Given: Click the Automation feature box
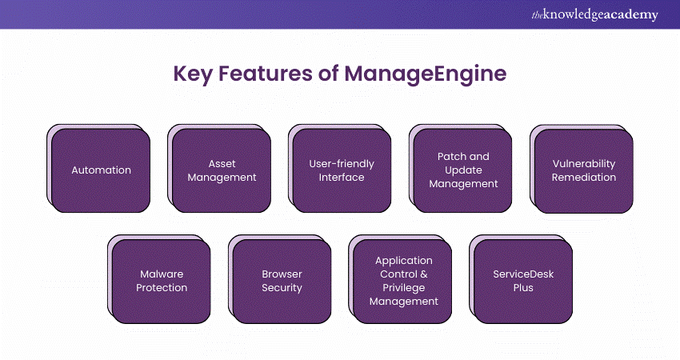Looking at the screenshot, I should point(102,170).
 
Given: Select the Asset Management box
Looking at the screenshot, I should point(222,170).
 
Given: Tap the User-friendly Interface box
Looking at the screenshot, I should point(342,170).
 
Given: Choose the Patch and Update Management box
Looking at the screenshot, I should point(463,170).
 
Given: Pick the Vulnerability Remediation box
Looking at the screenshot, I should point(584,170).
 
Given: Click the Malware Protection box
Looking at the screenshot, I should point(162,281).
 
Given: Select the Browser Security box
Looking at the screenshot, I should point(282,281).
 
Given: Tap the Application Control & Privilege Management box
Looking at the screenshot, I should point(403,281).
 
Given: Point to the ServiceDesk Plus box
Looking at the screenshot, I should point(524,281).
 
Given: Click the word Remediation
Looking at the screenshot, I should point(584,178).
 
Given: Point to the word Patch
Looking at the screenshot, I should point(451,157).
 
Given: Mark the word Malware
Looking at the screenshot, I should point(162,274).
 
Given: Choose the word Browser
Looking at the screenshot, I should point(282,274).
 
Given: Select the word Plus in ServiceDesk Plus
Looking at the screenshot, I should point(524,288).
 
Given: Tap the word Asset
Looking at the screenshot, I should point(222,164).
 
